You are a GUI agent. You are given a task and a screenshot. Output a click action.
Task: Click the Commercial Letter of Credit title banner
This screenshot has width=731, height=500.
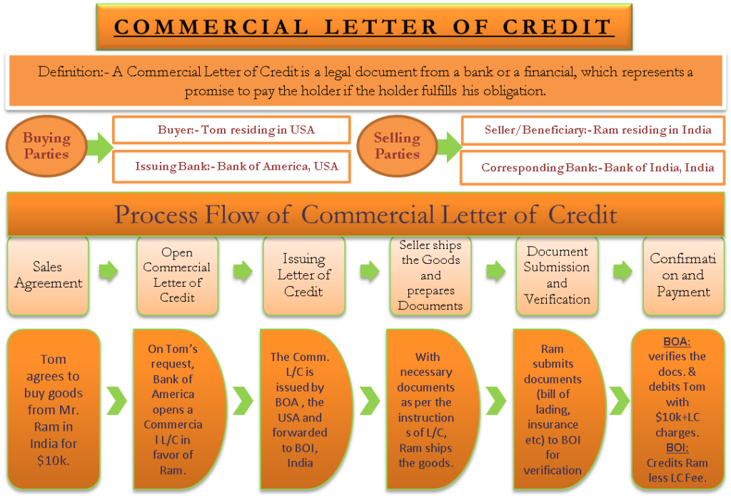pyautogui.click(x=363, y=27)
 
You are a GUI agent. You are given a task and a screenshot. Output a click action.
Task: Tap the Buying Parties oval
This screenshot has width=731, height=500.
pyautogui.click(x=47, y=146)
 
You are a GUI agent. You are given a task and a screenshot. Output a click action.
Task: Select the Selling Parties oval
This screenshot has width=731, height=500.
pyautogui.click(x=397, y=146)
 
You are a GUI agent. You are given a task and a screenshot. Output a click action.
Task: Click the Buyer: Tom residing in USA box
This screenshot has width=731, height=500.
pyautogui.click(x=231, y=130)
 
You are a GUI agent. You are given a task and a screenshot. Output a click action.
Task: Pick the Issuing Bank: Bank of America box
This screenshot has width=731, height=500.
pyautogui.click(x=231, y=167)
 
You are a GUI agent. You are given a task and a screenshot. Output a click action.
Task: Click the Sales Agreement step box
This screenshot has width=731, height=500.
pyautogui.click(x=48, y=275)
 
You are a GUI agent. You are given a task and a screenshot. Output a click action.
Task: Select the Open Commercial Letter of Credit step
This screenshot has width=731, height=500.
pyautogui.click(x=176, y=275)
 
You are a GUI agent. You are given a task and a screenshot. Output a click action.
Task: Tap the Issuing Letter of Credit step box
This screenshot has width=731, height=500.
pyautogui.click(x=303, y=275)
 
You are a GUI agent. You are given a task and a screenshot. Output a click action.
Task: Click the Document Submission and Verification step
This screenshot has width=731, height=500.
pyautogui.click(x=557, y=275)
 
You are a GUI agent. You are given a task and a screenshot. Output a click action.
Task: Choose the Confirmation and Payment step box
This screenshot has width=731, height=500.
pyautogui.click(x=683, y=275)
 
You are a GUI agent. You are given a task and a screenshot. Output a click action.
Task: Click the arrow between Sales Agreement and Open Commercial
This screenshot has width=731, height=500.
pyautogui.click(x=109, y=271)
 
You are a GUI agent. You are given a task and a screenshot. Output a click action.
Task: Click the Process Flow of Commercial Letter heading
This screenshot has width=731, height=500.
pyautogui.click(x=365, y=214)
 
